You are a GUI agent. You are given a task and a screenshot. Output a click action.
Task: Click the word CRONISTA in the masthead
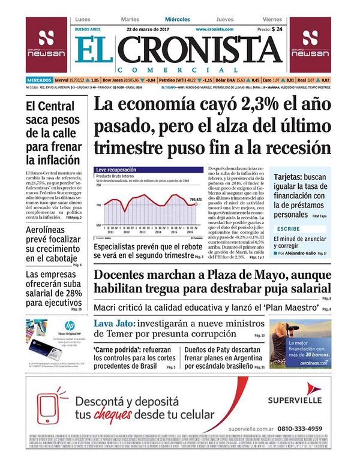(207, 50)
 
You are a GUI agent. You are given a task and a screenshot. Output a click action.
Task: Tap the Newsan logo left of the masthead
(47, 45)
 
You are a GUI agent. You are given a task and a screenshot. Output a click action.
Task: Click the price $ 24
(277, 29)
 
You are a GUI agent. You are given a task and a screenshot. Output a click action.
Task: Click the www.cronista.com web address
(214, 29)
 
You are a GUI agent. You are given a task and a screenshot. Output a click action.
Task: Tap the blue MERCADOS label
(38, 80)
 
